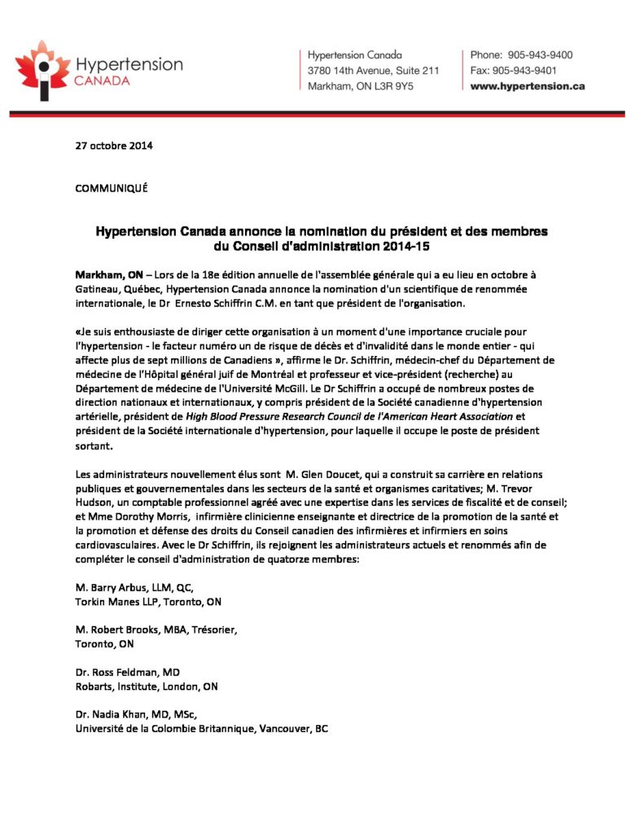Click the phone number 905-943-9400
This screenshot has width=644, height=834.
pyautogui.click(x=541, y=55)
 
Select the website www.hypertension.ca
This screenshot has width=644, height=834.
pyautogui.click(x=528, y=86)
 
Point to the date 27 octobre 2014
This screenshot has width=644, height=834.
pyautogui.click(x=113, y=147)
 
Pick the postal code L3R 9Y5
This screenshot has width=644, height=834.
pyautogui.click(x=394, y=86)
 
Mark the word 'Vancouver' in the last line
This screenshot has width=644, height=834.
pyautogui.click(x=284, y=729)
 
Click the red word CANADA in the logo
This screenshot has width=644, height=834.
pyautogui.click(x=99, y=81)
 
